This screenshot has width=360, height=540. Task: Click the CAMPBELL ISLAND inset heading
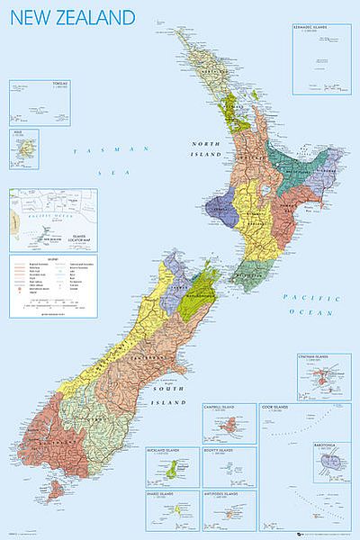click(x=229, y=407)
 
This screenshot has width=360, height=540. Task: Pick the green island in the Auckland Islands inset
click(x=171, y=470)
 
